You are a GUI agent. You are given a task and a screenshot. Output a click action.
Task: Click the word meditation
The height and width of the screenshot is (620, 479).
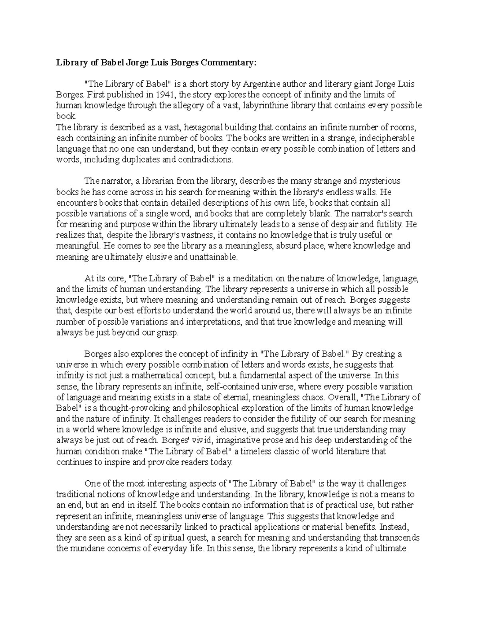point(255,279)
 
